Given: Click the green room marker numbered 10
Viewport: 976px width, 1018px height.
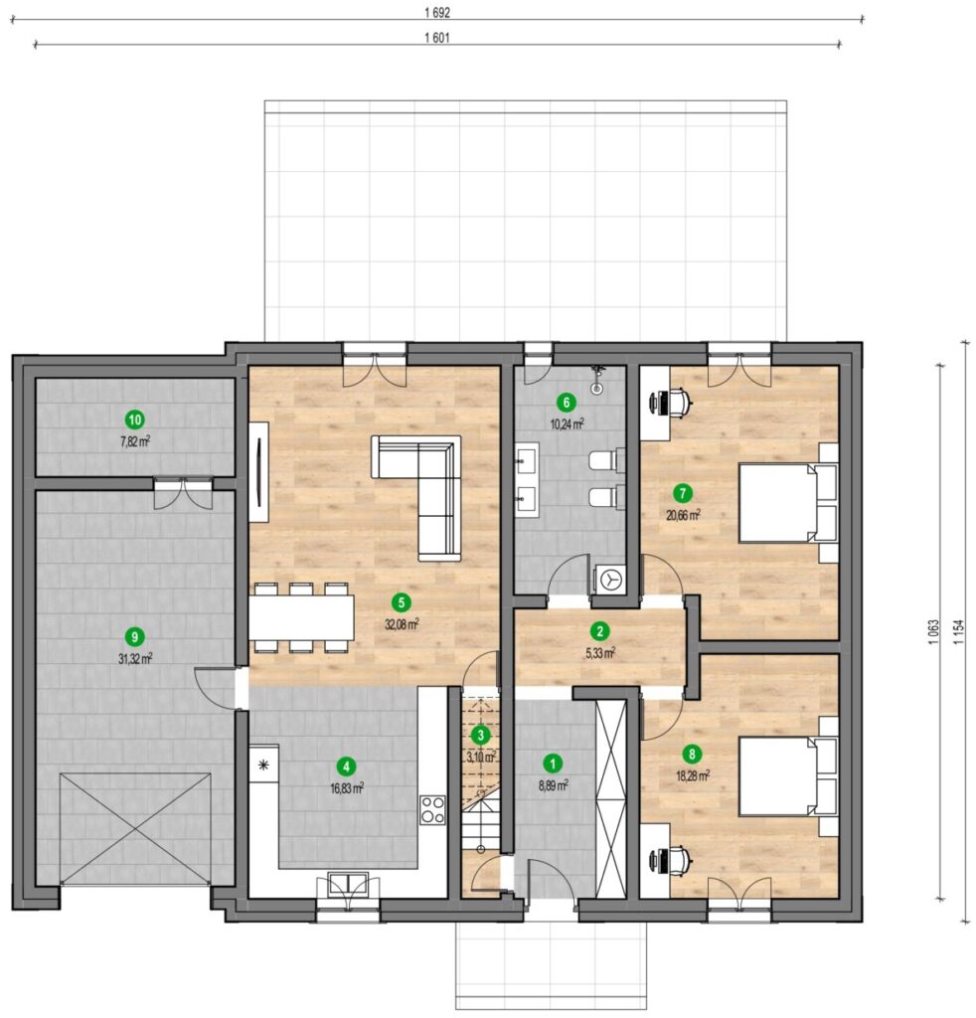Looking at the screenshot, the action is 135,421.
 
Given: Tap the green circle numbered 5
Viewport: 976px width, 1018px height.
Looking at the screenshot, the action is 402,603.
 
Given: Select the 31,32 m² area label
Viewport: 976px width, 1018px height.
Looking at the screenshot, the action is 135,659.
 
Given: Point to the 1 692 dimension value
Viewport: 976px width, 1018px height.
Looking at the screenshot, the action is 437,12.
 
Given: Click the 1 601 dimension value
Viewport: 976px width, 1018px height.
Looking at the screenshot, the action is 437,38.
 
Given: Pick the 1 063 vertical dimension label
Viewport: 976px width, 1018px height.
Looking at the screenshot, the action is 934,631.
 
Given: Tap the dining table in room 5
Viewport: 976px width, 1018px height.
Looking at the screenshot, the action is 301,616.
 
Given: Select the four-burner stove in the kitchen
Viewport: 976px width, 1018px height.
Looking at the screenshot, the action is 432,809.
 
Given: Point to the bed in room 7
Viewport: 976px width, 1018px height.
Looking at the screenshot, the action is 788,502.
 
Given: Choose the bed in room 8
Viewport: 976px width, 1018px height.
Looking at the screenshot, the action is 788,775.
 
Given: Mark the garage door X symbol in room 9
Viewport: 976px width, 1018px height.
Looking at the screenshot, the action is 135,828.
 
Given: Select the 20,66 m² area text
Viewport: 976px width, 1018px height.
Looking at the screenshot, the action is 683,516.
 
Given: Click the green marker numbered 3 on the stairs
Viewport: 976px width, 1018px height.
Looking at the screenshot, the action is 481,736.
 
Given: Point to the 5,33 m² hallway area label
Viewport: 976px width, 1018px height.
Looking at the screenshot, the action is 600,653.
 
